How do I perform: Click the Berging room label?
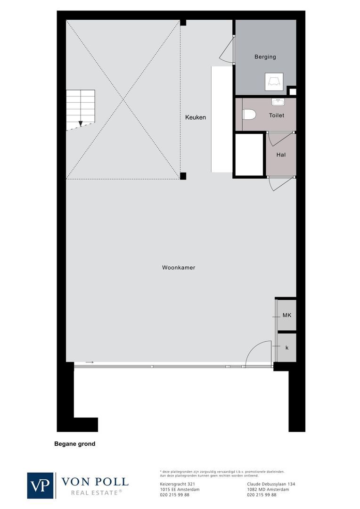[265, 57]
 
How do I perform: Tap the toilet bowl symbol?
[249, 115]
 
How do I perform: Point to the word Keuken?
[196, 117]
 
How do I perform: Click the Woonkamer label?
[179, 268]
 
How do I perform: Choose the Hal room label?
[281, 155]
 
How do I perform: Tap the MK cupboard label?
[286, 315]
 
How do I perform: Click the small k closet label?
[287, 347]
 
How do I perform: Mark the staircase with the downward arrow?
[80, 109]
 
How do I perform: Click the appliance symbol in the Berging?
[274, 82]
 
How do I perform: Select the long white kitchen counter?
[222, 119]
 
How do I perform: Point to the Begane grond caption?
[75, 443]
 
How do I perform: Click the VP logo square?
[41, 485]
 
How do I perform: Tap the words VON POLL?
[95, 481]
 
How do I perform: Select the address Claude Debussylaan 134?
[271, 484]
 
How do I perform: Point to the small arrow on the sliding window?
[90, 362]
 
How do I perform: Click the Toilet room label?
[277, 115]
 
